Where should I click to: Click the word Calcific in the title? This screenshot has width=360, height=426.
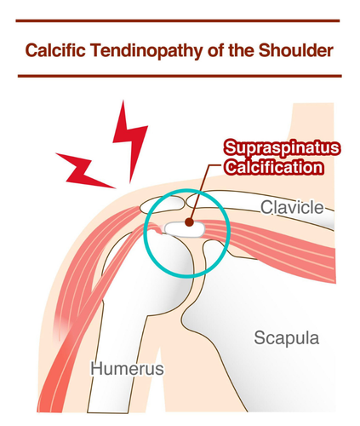click(x=55, y=50)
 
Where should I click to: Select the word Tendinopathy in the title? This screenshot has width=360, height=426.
click(x=146, y=51)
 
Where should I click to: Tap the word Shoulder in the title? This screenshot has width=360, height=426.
click(x=295, y=50)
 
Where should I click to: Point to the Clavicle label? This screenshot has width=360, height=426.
click(x=292, y=207)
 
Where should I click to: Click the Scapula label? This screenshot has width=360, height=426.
click(x=287, y=338)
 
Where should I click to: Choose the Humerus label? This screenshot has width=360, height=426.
click(x=127, y=369)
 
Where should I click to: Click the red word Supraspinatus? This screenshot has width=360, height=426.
click(x=282, y=148)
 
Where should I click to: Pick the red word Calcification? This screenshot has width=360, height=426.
click(x=274, y=167)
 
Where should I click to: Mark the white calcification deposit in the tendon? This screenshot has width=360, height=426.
click(x=185, y=229)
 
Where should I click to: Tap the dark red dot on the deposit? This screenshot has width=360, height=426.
click(x=190, y=222)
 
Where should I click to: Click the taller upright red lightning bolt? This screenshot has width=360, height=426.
click(x=130, y=141)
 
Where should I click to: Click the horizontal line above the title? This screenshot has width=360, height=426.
click(x=178, y=20)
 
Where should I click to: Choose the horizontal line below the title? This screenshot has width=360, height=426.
click(x=180, y=76)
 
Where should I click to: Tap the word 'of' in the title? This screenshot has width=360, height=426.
click(x=215, y=50)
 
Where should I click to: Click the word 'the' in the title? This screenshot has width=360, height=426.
click(x=241, y=50)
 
